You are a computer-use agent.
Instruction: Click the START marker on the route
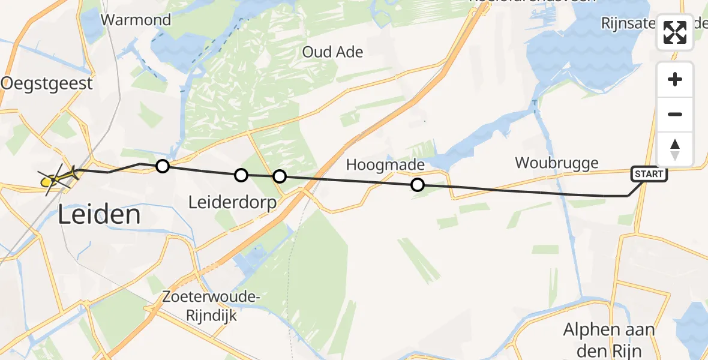click(648, 175)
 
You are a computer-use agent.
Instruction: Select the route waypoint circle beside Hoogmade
click(418, 185)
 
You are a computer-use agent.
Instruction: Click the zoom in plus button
click(675, 79)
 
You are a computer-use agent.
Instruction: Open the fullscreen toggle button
click(675, 32)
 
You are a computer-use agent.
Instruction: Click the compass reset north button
click(675, 149)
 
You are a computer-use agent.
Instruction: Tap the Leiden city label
click(100, 215)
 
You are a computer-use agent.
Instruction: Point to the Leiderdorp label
click(232, 203)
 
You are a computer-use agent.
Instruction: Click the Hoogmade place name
click(385, 165)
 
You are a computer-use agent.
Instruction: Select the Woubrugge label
click(557, 163)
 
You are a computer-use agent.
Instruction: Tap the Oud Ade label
click(332, 52)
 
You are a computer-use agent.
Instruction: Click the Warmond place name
click(136, 20)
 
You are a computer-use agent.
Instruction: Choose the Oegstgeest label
click(47, 83)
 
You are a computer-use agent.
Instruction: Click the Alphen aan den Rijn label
click(608, 340)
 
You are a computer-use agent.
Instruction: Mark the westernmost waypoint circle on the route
click(162, 166)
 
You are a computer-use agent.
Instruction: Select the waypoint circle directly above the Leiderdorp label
click(241, 175)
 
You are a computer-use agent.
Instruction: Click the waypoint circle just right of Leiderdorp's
click(279, 176)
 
